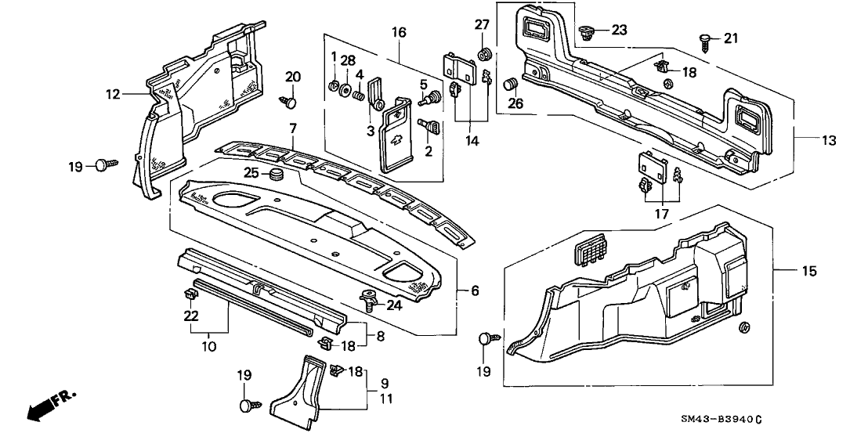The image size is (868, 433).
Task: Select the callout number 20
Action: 293,76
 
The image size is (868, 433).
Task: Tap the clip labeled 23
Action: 587,32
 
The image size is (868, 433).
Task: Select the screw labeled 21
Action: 707,38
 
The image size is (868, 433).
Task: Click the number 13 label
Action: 829,141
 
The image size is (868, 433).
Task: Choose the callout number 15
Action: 809,271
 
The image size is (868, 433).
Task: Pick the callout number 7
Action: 293,128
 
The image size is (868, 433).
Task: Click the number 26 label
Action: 515,103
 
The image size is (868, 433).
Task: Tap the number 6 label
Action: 475,290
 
